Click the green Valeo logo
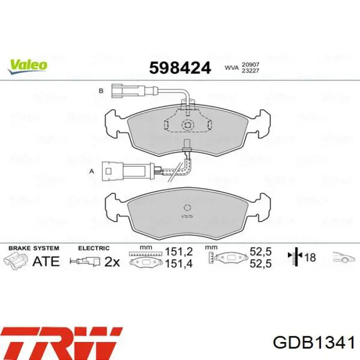(x=28, y=67)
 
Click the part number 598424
(x=180, y=68)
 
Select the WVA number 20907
(x=250, y=65)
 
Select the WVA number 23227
(x=250, y=70)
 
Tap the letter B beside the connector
(x=101, y=91)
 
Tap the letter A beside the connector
(x=92, y=171)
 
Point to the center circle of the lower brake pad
(x=187, y=208)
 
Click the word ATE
(x=46, y=261)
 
